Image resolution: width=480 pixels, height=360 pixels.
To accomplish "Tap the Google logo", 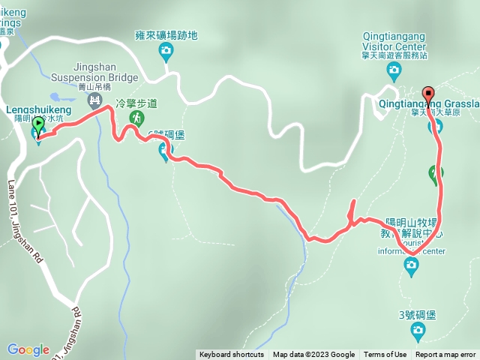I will (28, 349).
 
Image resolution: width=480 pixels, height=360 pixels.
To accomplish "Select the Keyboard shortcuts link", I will (232, 355).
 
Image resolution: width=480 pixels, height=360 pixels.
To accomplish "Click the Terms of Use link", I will (385, 355).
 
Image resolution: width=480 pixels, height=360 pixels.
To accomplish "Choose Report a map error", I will (445, 355).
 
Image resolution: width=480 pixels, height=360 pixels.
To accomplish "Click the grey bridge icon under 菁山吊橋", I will (94, 99).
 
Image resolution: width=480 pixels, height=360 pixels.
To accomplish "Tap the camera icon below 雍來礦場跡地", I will (166, 51).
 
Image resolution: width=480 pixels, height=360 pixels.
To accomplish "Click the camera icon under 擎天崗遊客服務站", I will (394, 72).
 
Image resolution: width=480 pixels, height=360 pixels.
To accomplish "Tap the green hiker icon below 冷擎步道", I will (137, 118).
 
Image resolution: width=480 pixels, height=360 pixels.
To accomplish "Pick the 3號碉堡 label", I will (418, 315).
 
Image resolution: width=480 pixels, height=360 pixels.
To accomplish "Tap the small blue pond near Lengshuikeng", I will (57, 97).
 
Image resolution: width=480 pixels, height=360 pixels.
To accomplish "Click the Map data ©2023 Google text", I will (313, 355).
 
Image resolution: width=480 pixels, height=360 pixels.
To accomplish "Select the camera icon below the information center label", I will (411, 266).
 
